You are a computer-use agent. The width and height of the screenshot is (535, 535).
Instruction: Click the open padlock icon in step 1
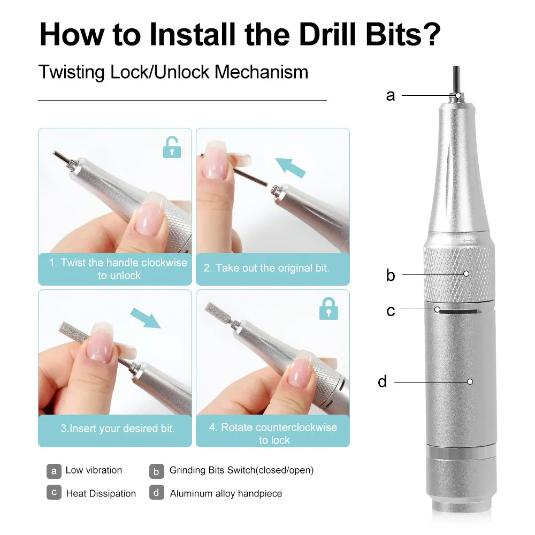(x=172, y=147)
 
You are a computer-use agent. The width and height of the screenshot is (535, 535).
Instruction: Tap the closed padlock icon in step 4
(x=328, y=309)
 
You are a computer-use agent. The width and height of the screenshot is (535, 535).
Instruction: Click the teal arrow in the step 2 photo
(x=290, y=167)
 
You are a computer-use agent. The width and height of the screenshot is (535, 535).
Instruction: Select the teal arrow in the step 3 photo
(x=146, y=318)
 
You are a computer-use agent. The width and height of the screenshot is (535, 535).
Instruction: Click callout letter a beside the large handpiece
(x=391, y=96)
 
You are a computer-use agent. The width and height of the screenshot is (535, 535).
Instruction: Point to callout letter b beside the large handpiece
(x=391, y=274)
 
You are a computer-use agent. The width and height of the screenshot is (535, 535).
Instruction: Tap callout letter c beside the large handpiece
(x=391, y=311)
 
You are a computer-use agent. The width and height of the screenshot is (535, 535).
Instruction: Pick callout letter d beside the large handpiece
(x=383, y=381)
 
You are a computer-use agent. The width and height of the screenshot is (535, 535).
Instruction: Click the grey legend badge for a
(x=54, y=471)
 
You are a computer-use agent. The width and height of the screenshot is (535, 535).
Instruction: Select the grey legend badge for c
(x=54, y=492)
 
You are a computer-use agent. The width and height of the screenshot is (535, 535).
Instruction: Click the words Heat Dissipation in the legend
(x=101, y=493)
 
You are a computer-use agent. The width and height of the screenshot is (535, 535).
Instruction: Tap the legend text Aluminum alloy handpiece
(x=226, y=493)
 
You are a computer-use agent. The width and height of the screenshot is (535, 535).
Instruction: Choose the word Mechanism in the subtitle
(x=262, y=72)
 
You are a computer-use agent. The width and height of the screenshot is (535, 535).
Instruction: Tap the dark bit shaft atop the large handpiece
(x=456, y=80)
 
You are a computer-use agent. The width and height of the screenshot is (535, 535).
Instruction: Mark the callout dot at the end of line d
(x=470, y=382)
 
